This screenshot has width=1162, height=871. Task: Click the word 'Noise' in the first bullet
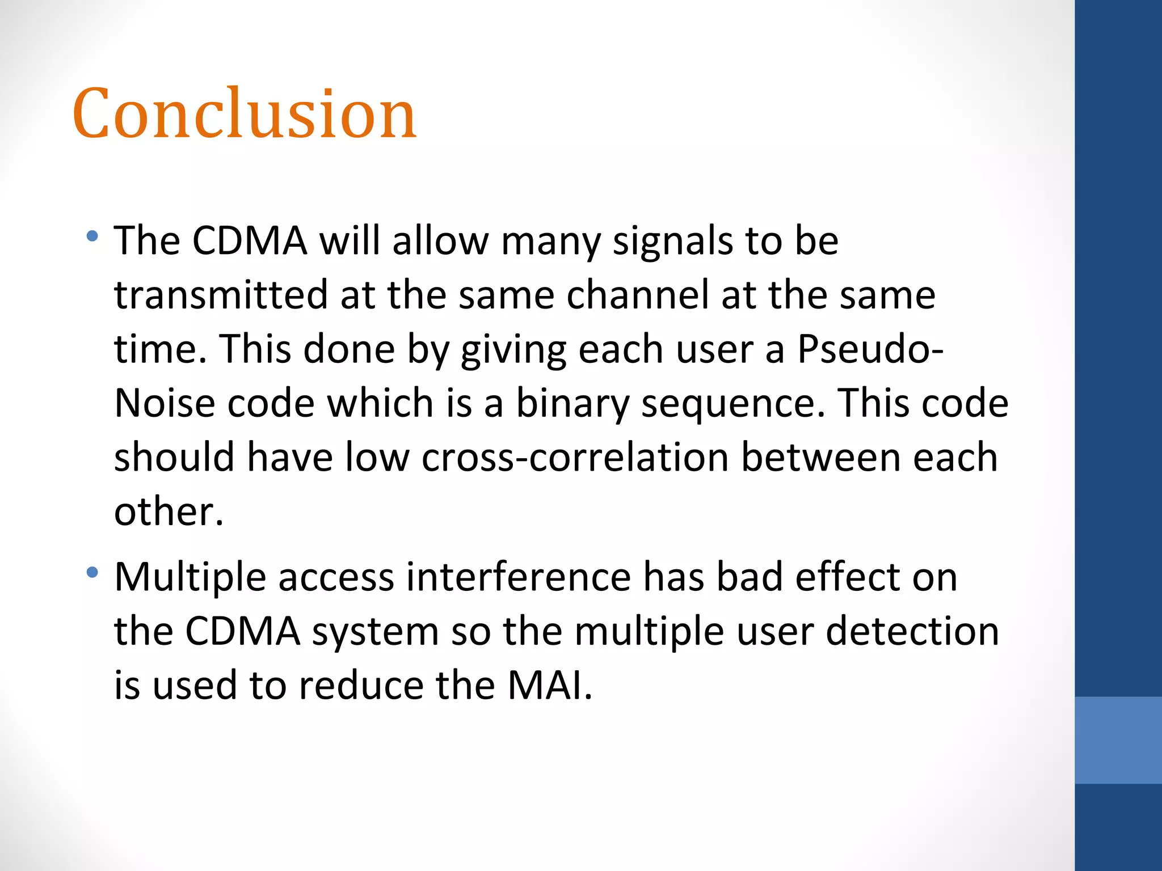(x=164, y=403)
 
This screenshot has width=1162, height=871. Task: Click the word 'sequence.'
(x=733, y=404)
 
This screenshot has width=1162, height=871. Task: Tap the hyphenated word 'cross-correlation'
(x=574, y=457)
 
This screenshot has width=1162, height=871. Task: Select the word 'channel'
(x=638, y=295)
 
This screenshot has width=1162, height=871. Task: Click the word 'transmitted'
(x=221, y=295)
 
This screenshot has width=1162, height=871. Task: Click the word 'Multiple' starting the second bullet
(x=190, y=577)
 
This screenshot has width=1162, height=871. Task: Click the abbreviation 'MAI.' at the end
(x=549, y=685)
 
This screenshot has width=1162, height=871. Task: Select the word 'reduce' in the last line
(x=361, y=685)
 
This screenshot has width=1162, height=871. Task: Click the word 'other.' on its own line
(x=169, y=511)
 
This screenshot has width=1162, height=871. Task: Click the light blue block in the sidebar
(x=1118, y=740)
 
